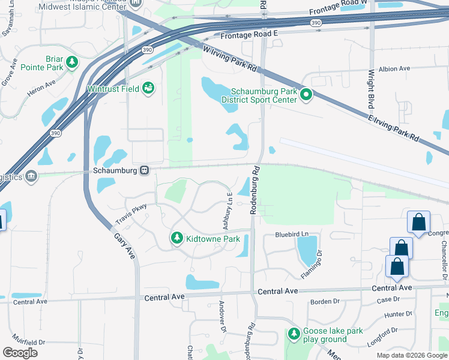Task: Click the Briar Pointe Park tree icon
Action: pyautogui.click(x=72, y=62)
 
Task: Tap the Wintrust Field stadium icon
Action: pyautogui.click(x=148, y=89)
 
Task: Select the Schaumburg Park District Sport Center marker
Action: pyautogui.click(x=306, y=94)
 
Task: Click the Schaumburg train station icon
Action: pyautogui.click(x=145, y=170)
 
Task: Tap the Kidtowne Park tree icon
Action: pyautogui.click(x=176, y=239)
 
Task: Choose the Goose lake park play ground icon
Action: pyautogui.click(x=294, y=333)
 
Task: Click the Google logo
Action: pyautogui.click(x=20, y=353)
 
